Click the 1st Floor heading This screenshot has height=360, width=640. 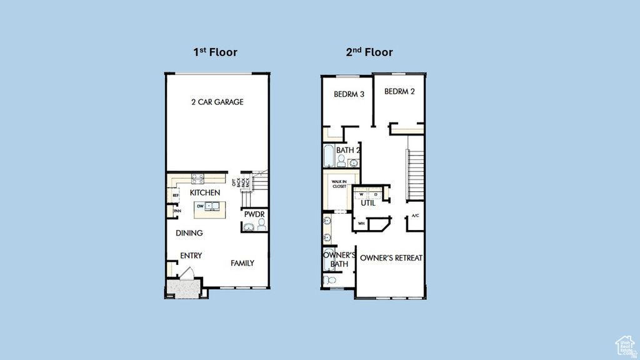(x=215, y=52)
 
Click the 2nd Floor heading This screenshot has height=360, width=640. (x=369, y=52)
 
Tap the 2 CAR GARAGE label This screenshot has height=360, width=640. (x=217, y=102)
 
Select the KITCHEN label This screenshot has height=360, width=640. (x=205, y=193)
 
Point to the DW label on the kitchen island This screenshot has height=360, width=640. (x=200, y=206)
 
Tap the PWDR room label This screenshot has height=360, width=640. (x=255, y=214)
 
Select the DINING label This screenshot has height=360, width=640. (x=189, y=233)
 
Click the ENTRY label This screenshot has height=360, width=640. (x=191, y=256)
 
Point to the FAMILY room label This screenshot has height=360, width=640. (x=242, y=263)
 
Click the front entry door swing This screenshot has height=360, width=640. (x=187, y=273)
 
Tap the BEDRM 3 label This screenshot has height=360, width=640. (x=349, y=94)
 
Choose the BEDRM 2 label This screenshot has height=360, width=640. (x=399, y=91)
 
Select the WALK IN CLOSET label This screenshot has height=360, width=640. (x=339, y=184)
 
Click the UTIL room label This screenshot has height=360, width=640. (x=368, y=203)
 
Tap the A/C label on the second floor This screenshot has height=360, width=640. (x=415, y=216)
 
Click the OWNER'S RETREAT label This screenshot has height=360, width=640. (x=391, y=257)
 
